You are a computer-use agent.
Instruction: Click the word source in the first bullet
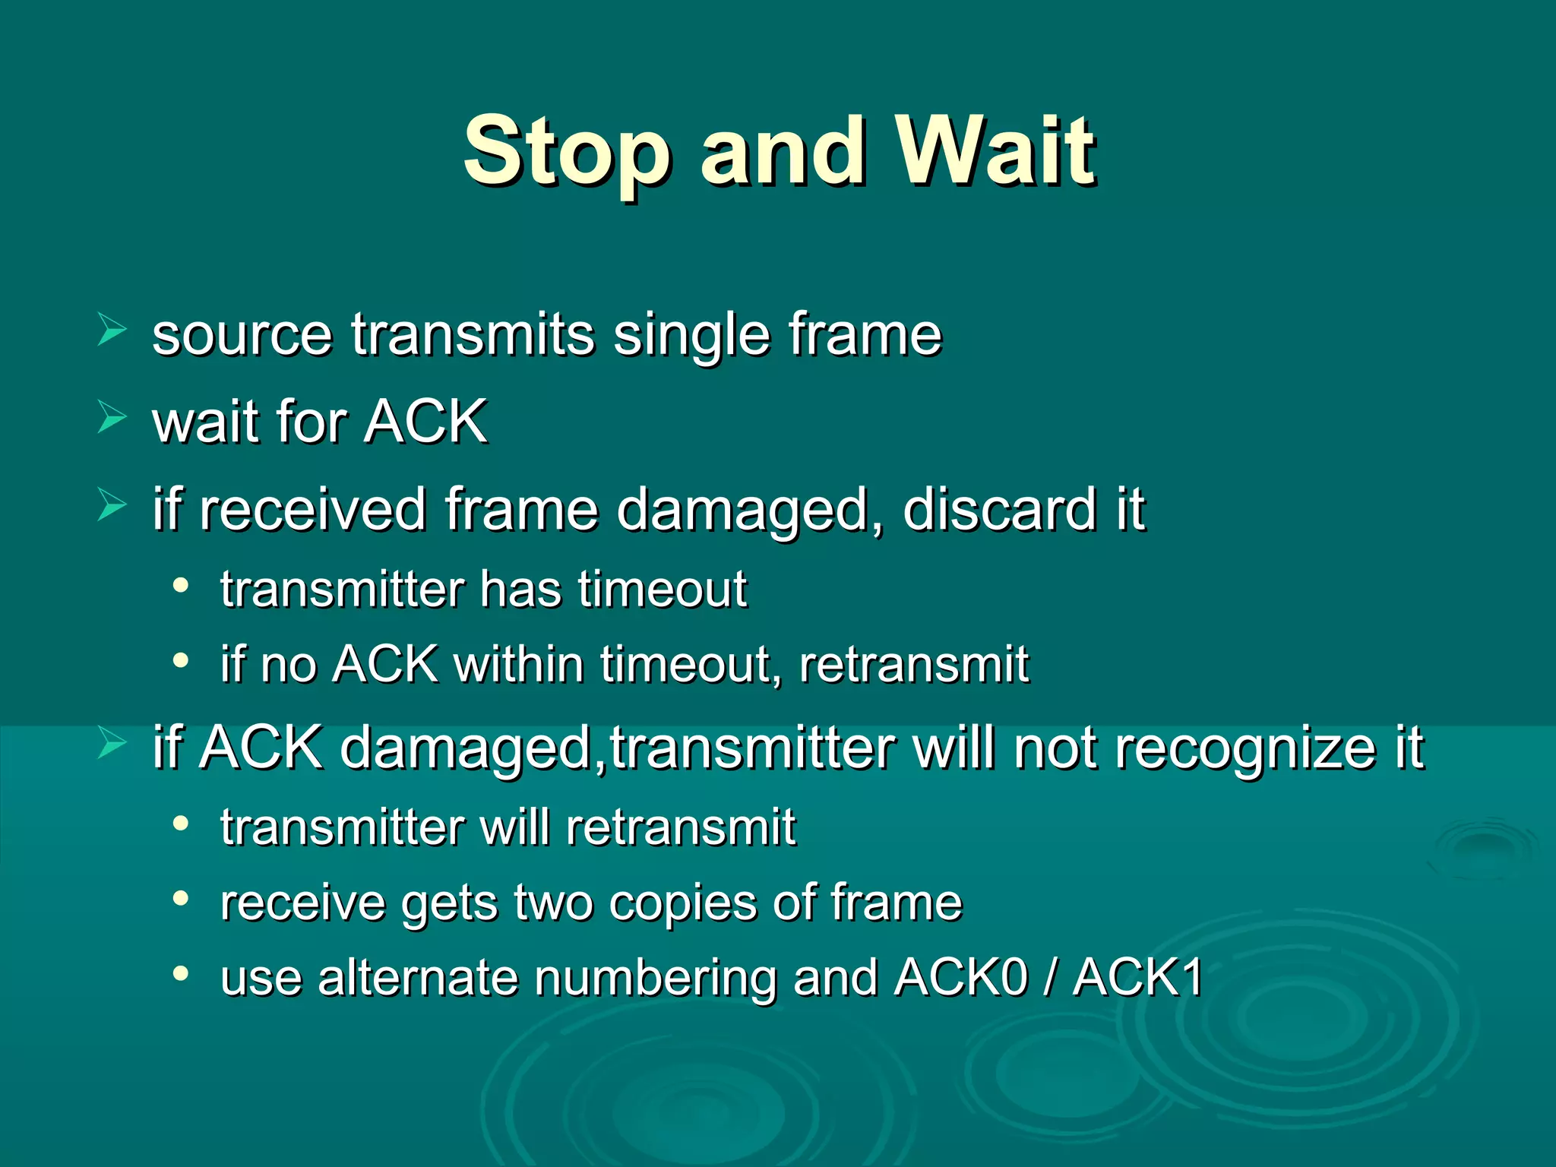click(242, 336)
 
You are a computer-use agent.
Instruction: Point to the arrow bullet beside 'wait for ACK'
click(112, 418)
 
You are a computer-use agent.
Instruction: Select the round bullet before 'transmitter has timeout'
click(180, 586)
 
